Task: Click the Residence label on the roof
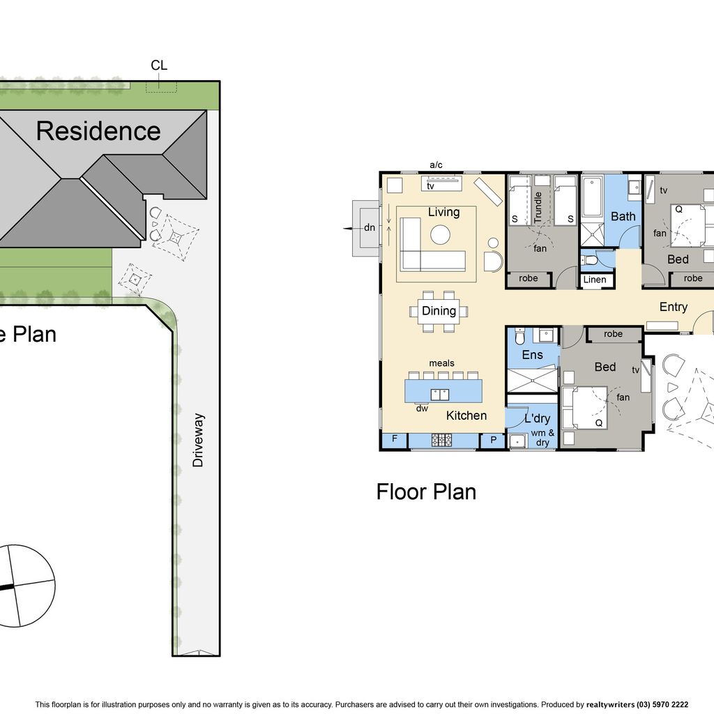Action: pos(98,131)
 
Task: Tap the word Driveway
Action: pos(197,441)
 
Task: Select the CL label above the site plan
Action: pos(159,65)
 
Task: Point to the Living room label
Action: pos(443,212)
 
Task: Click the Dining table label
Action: pos(439,310)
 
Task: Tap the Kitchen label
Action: pos(466,416)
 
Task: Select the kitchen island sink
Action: pos(440,395)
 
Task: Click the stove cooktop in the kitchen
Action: pos(441,440)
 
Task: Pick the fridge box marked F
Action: pos(395,440)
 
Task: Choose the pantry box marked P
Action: pos(493,441)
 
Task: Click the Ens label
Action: pos(532,355)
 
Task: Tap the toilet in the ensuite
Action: pos(519,337)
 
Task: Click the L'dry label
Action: pos(538,418)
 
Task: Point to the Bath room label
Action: pos(623,216)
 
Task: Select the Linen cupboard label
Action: pos(595,280)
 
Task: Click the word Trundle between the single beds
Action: pos(538,207)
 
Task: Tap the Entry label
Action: pos(674,307)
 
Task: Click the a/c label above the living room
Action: pos(436,165)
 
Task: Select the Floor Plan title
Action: pos(426,492)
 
